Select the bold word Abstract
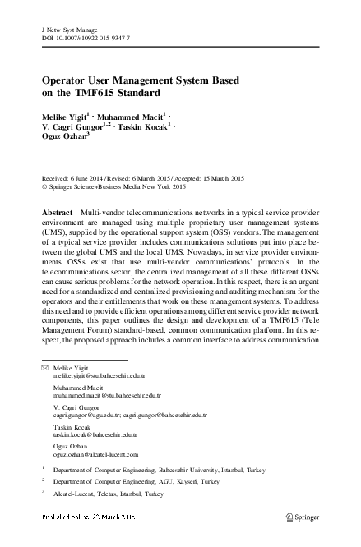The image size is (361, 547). [56, 212]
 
